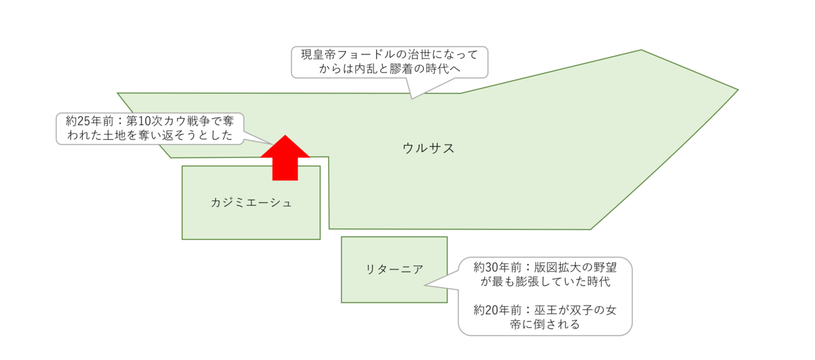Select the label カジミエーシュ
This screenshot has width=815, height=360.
[x=251, y=202]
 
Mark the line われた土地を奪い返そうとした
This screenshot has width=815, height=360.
[x=149, y=136]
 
